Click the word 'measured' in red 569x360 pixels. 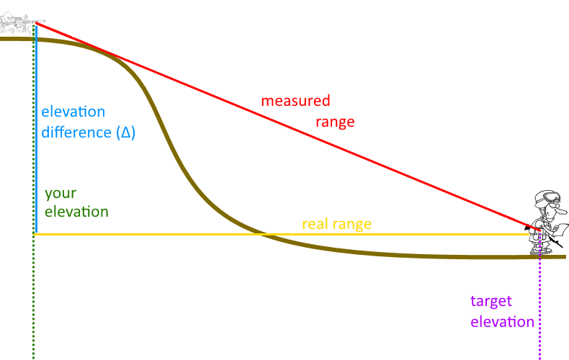pyautogui.click(x=295, y=101)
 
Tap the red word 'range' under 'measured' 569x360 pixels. pyautogui.click(x=335, y=122)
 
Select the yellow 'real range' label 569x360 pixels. pyautogui.click(x=336, y=224)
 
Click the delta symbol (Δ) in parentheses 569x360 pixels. pyautogui.click(x=126, y=133)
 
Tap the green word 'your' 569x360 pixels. pyautogui.click(x=60, y=194)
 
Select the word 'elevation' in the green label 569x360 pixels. pyautogui.click(x=76, y=212)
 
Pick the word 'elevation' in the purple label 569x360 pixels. pyautogui.click(x=503, y=322)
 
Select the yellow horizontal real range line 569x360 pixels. pyautogui.click(x=180, y=235)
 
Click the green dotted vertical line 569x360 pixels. pyautogui.click(x=33, y=302)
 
